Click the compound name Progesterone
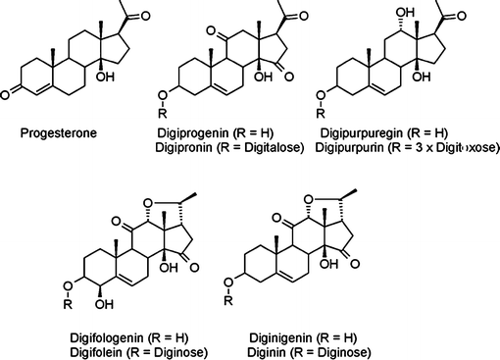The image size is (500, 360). pos(52,133)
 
